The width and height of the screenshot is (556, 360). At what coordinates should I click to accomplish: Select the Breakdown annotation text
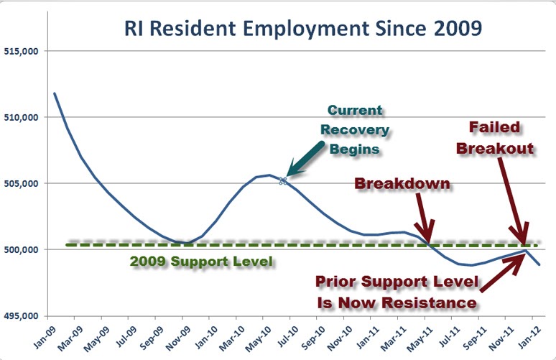(x=402, y=184)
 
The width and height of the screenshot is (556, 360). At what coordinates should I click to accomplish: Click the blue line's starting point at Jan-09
(x=55, y=93)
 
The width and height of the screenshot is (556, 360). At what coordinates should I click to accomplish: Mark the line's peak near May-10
(x=269, y=175)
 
